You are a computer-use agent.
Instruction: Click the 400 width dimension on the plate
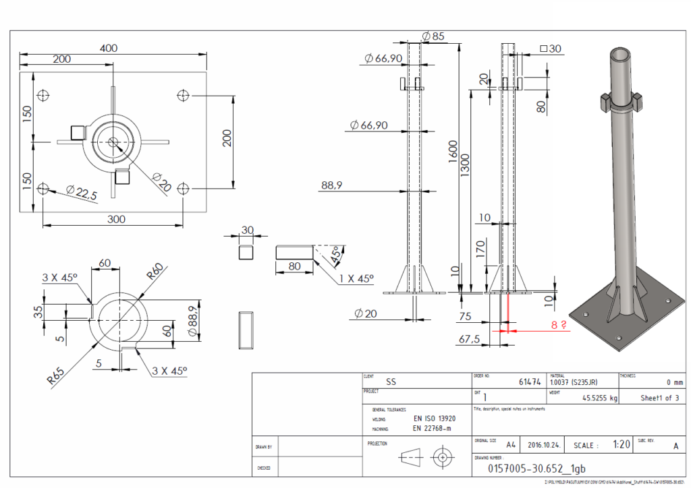click(109, 48)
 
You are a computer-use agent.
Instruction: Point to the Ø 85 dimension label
click(433, 36)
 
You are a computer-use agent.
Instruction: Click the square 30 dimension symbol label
click(551, 49)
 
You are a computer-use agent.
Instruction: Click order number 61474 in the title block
click(530, 382)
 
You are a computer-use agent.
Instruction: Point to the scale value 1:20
click(621, 445)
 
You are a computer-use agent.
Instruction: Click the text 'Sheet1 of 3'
click(659, 398)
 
